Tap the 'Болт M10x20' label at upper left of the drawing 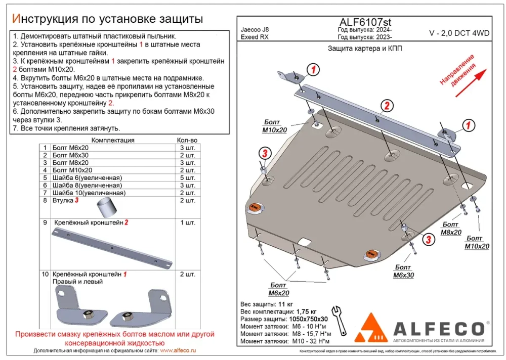click(x=275, y=126)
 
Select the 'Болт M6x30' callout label click(x=403, y=271)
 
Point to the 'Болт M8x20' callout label click(x=451, y=229)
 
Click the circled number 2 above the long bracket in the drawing click(x=386, y=106)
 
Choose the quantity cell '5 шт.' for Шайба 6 click(x=187, y=177)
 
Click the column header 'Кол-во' click(x=187, y=140)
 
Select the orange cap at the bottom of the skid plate click(x=371, y=255)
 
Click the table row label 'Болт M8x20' click(x=70, y=163)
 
